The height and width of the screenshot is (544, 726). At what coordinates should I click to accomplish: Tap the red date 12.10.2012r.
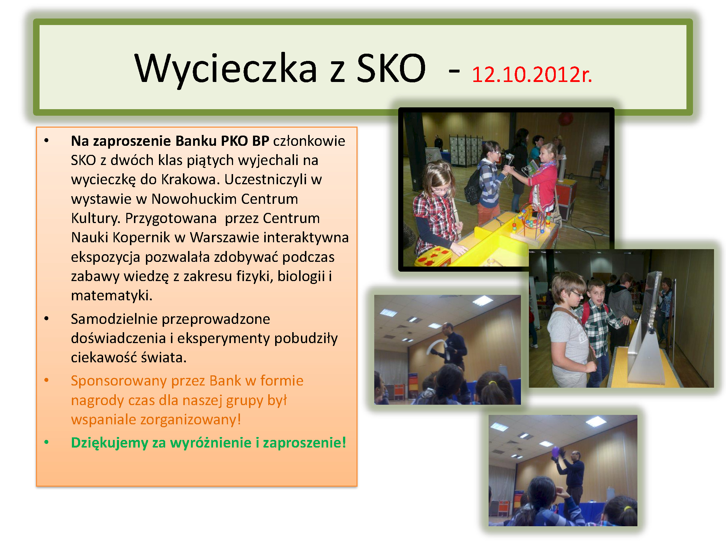[532, 74]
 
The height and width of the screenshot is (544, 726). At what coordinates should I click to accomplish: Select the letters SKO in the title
[391, 68]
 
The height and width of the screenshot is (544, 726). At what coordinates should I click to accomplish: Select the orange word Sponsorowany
[119, 381]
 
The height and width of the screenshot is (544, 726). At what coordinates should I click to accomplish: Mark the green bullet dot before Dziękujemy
[46, 442]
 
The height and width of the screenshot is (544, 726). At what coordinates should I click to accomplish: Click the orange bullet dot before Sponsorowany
[46, 380]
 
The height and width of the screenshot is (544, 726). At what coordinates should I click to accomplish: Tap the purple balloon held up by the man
[555, 452]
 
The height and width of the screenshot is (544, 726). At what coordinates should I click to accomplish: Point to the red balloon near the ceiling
[565, 118]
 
